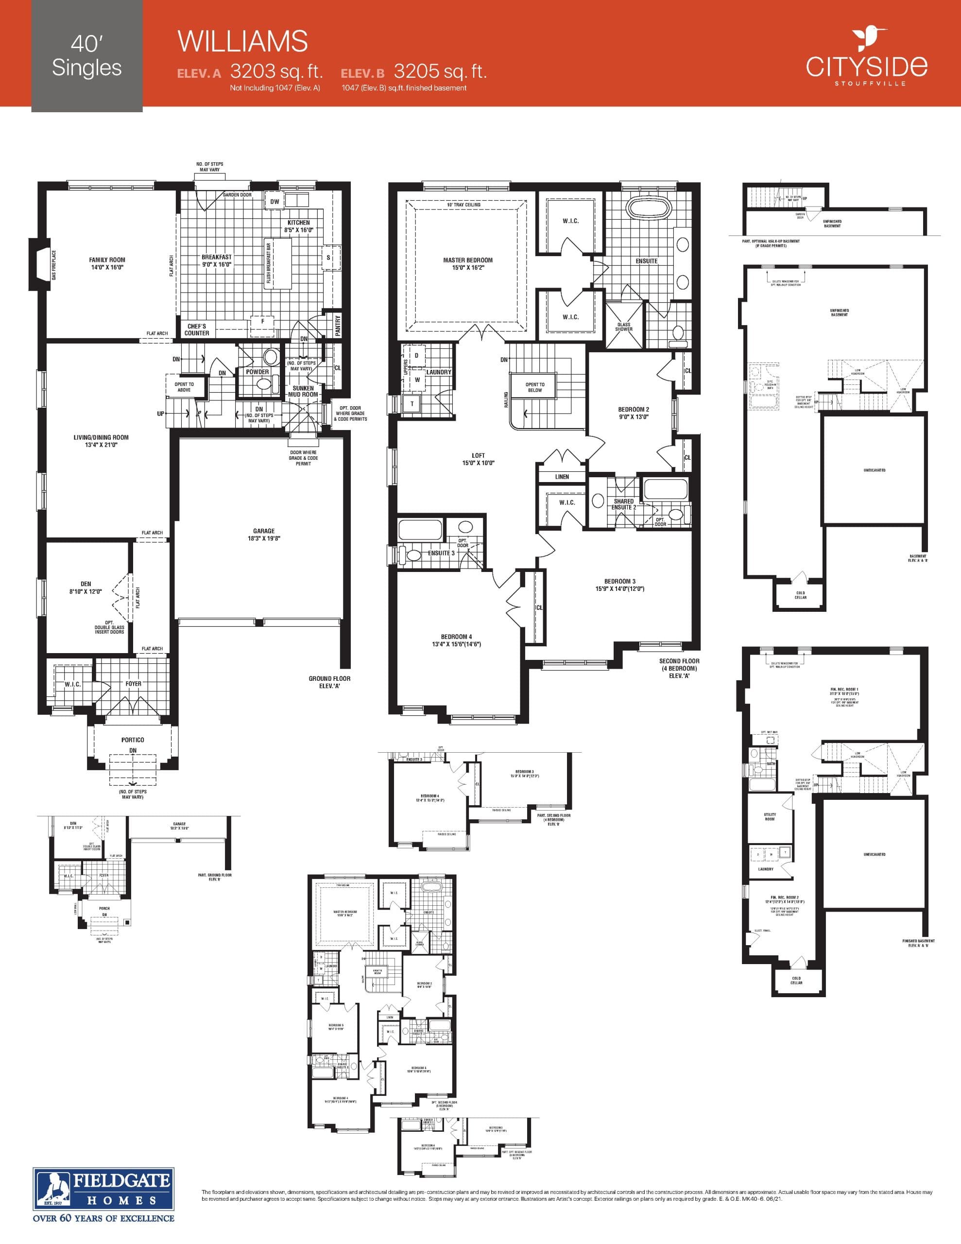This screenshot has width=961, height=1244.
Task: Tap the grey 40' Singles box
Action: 86,56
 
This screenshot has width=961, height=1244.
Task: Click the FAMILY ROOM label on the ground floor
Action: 107,263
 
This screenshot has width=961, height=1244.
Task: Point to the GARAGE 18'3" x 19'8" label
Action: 264,534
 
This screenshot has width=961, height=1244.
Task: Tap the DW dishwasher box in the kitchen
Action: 275,202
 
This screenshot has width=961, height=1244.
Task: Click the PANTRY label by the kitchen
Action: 338,325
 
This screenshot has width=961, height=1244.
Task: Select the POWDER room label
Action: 257,371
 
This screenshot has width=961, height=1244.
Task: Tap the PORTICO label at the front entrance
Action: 133,740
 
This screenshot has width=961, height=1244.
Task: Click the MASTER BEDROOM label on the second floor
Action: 468,264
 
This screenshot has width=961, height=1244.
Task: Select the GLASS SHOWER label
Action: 624,327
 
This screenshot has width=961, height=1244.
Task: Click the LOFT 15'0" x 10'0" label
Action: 479,459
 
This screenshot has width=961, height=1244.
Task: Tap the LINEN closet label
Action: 562,477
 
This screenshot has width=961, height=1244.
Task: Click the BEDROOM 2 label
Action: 634,413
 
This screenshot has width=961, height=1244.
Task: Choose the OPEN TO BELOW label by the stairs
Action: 535,387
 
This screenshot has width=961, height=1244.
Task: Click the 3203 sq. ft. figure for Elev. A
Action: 276,72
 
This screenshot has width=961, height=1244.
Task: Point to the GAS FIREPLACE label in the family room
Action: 54,265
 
